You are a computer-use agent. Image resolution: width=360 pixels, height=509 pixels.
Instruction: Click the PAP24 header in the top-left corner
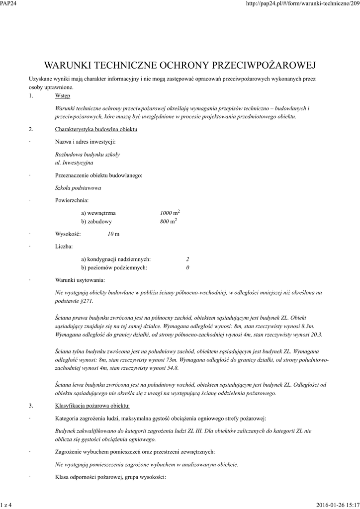click(8, 4)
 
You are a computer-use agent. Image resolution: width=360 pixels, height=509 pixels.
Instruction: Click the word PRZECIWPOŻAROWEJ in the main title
click(265, 65)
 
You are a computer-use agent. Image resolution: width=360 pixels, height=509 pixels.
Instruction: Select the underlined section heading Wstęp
click(63, 95)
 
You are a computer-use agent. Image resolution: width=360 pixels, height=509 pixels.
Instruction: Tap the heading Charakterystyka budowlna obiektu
click(96, 130)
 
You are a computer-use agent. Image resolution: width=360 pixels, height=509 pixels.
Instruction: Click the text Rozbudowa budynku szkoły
click(87, 154)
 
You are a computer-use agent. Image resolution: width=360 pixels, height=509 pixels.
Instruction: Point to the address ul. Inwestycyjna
click(74, 163)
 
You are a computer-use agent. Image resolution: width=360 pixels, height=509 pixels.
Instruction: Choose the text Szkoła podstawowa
click(78, 188)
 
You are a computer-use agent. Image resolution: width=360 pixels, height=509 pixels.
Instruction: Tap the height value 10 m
click(113, 234)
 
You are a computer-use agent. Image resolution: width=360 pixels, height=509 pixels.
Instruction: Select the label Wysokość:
click(68, 234)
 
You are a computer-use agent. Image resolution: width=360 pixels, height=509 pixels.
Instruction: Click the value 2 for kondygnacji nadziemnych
click(187, 259)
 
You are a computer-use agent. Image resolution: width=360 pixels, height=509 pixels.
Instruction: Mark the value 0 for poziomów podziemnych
click(187, 267)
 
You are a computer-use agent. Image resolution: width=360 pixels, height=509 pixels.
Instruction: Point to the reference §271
click(86, 301)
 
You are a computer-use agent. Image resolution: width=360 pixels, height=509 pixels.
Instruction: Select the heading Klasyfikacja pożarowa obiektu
click(92, 406)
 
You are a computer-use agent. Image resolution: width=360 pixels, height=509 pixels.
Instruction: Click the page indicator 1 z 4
click(6, 505)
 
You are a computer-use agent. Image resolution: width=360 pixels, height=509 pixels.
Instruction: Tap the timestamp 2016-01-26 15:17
click(338, 505)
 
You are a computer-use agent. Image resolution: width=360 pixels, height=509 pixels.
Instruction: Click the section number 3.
click(30, 406)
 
